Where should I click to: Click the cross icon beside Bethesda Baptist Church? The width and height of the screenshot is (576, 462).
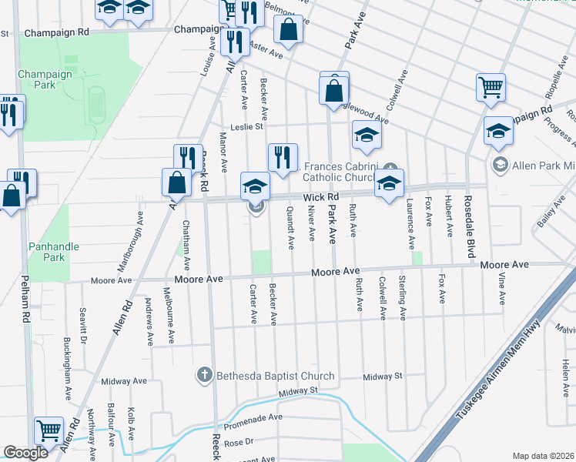coord(204,376)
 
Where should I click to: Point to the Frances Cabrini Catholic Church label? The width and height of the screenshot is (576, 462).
coord(340,172)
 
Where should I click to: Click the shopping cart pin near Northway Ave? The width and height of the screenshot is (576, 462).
coord(49,430)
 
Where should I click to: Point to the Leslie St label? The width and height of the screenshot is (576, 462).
coord(247,127)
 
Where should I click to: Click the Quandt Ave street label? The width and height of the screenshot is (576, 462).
coord(290,227)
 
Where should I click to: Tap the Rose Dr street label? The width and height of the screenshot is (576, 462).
coord(239,442)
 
